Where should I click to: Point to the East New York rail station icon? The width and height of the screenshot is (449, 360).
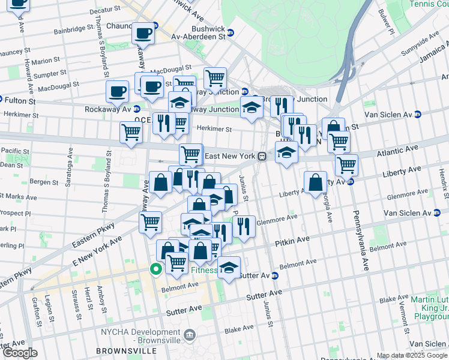[x=262, y=157]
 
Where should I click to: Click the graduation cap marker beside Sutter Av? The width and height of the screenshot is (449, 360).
[x=229, y=268]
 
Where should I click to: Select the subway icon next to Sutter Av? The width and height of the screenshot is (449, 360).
[x=275, y=275]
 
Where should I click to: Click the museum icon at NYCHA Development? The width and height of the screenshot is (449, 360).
[x=190, y=334]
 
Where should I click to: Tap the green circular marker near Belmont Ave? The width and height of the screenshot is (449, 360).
[x=155, y=269]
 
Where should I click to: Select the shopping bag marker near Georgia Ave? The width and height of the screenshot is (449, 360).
[x=315, y=182]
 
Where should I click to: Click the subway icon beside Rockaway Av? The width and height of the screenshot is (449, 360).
[x=136, y=109]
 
